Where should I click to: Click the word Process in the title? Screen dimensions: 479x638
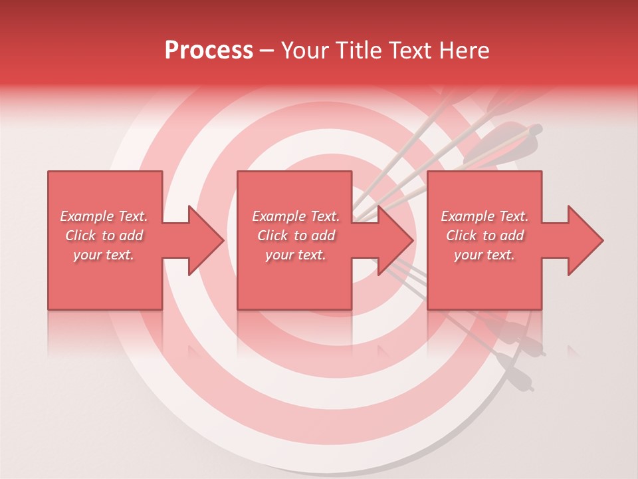pyautogui.click(x=209, y=51)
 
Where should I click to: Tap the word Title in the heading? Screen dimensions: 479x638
pyautogui.click(x=358, y=51)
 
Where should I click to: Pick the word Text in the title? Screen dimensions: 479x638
pyautogui.click(x=411, y=51)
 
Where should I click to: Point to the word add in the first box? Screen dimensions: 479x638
pyautogui.click(x=132, y=236)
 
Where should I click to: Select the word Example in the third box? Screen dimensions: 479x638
pyautogui.click(x=467, y=216)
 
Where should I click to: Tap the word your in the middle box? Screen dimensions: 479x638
pyautogui.click(x=279, y=255)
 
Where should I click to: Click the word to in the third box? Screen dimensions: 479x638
pyautogui.click(x=489, y=236)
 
